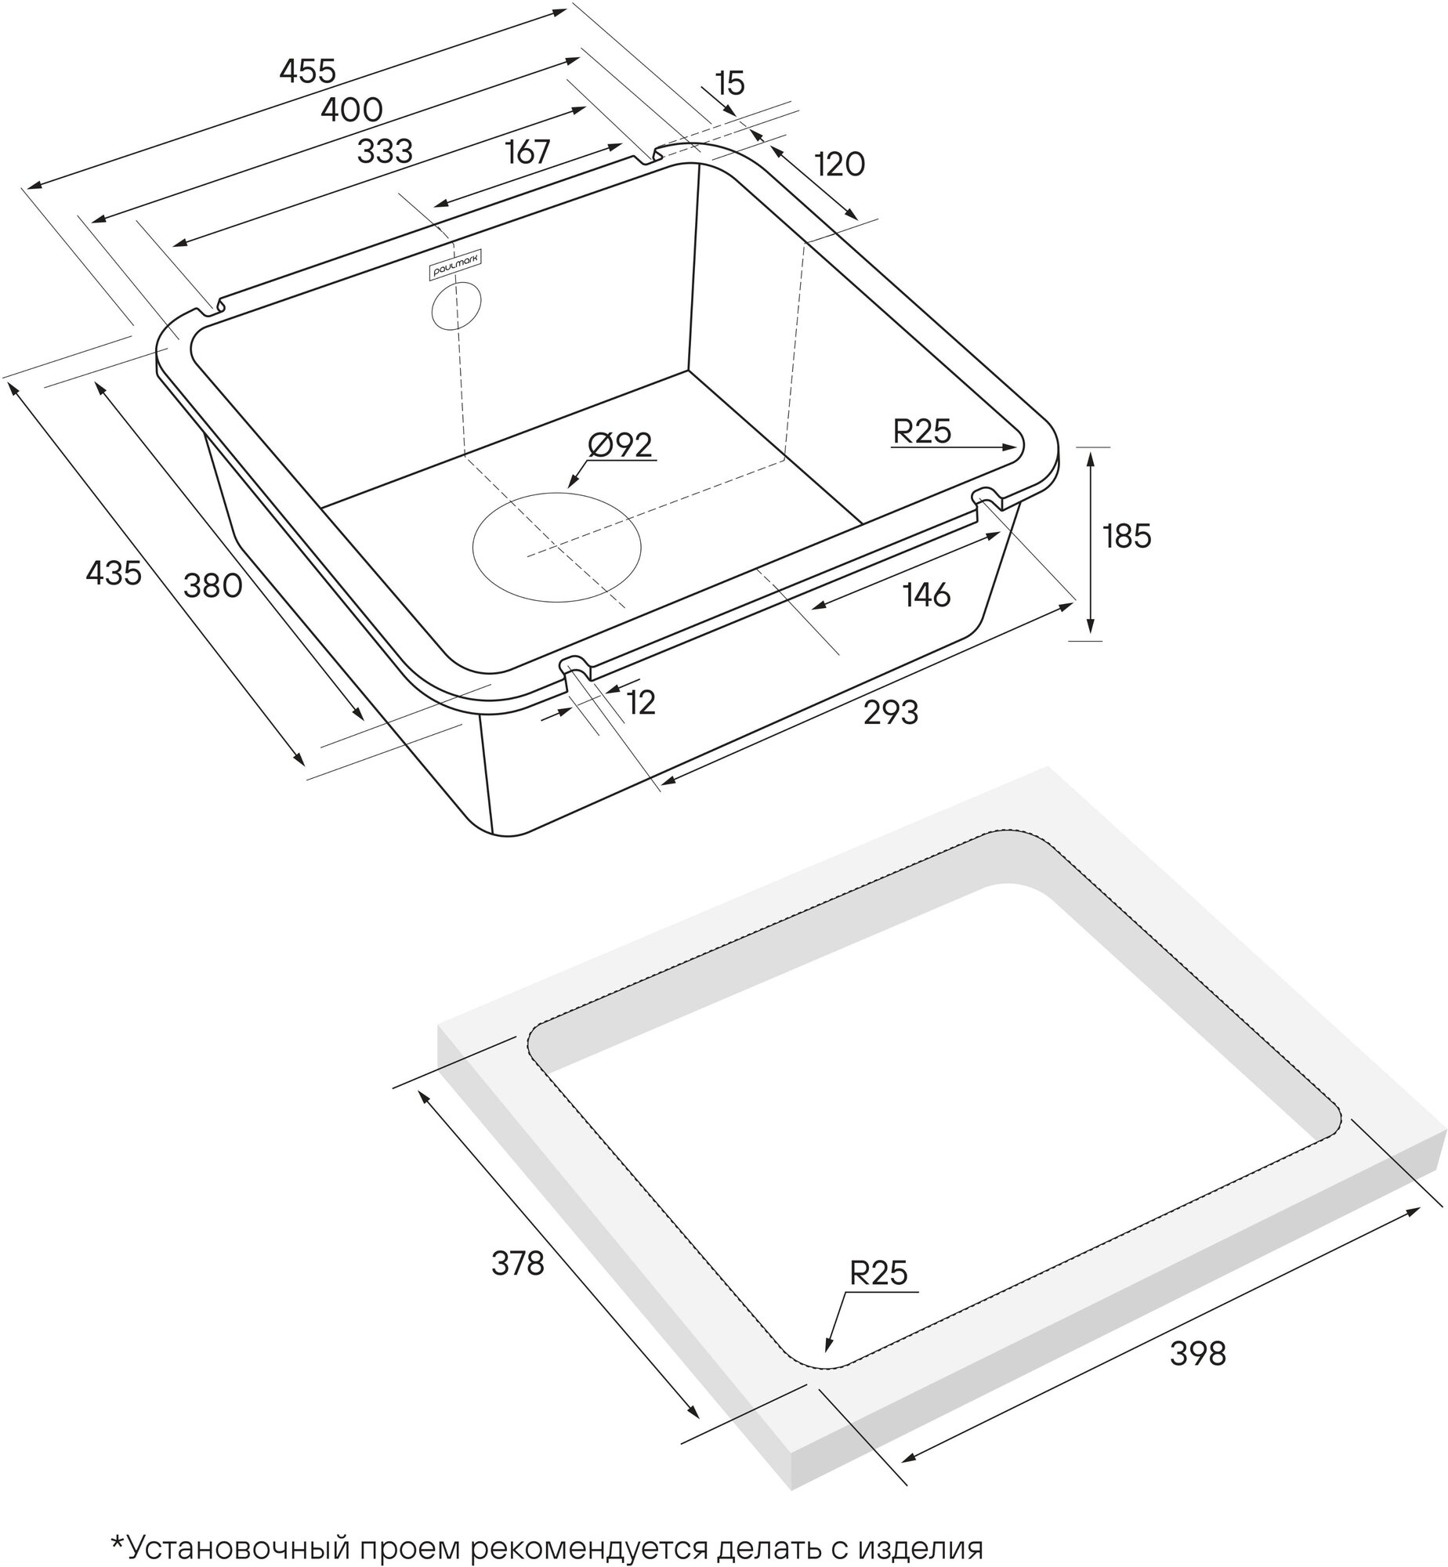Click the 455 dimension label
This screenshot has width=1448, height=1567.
(307, 71)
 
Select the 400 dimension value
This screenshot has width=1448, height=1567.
(352, 110)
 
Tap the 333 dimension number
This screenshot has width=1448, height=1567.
(384, 151)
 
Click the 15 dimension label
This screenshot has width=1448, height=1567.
(729, 82)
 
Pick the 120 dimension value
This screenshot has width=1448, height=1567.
(839, 165)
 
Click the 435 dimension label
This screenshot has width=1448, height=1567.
(114, 573)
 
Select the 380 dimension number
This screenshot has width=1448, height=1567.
(212, 585)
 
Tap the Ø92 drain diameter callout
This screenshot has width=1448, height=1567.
(620, 445)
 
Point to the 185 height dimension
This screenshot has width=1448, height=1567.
(1127, 536)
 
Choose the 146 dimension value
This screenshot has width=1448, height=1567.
(926, 595)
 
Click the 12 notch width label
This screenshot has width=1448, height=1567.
(641, 704)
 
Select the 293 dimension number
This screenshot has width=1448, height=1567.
(890, 713)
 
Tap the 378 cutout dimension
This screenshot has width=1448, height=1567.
(517, 1263)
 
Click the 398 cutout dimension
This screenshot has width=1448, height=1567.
(1197, 1353)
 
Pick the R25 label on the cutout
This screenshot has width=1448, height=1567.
(878, 1274)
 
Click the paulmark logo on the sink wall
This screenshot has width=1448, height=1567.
(458, 262)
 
